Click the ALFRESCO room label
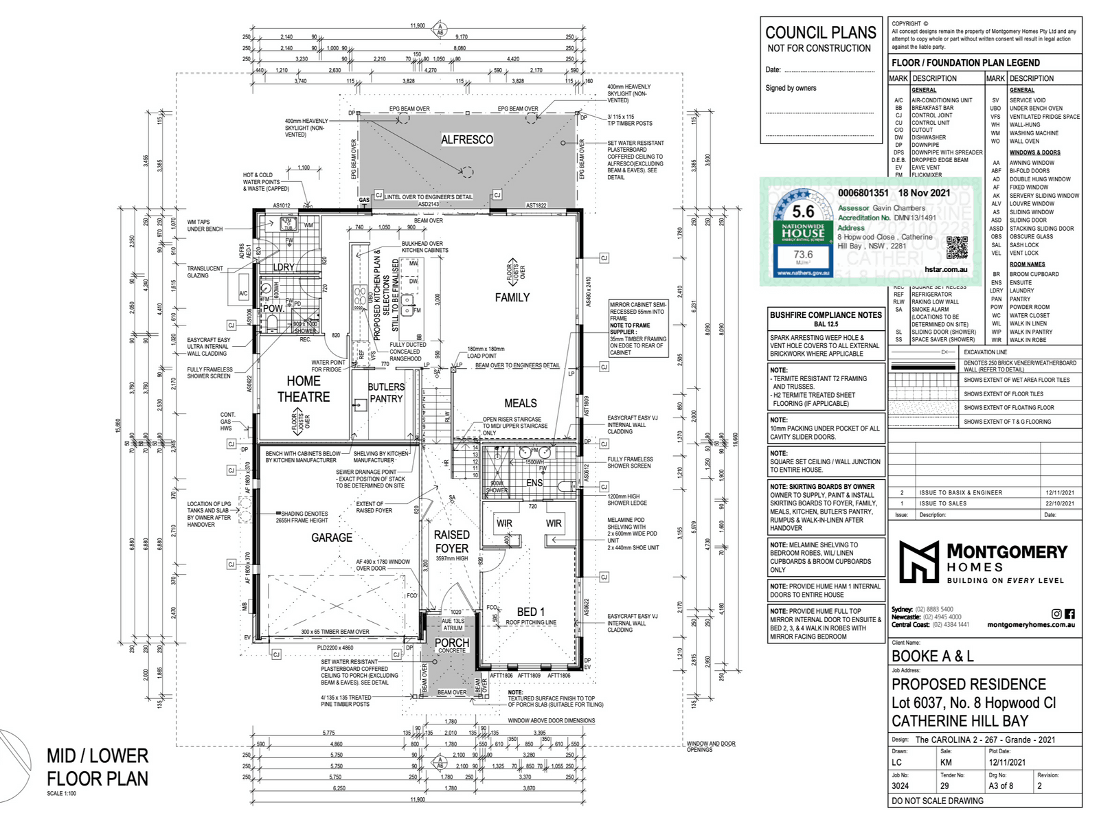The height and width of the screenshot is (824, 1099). (x=467, y=140)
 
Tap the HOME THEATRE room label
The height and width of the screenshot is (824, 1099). (x=304, y=389)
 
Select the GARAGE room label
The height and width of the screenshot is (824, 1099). (x=332, y=538)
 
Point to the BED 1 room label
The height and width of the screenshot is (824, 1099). (x=531, y=612)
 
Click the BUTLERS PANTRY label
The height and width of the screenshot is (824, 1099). (x=386, y=393)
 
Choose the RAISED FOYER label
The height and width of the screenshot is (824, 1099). (x=451, y=542)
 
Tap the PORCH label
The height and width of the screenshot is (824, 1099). (x=452, y=643)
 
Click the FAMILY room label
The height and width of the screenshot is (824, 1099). (x=512, y=297)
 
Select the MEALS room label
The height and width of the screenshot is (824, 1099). (x=521, y=403)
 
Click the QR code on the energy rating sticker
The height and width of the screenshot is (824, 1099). (x=957, y=247)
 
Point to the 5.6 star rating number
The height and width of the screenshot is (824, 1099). (x=803, y=212)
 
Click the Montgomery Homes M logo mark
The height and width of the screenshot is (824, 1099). (x=919, y=562)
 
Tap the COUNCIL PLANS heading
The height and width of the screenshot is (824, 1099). (x=821, y=33)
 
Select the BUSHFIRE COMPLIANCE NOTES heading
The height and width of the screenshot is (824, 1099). (x=826, y=315)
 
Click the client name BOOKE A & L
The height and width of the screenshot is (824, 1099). (x=932, y=656)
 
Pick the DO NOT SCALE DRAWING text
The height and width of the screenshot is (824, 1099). (x=938, y=801)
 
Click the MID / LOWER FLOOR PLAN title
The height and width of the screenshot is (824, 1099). (x=98, y=767)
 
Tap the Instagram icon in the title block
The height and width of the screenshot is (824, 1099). (x=1056, y=614)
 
